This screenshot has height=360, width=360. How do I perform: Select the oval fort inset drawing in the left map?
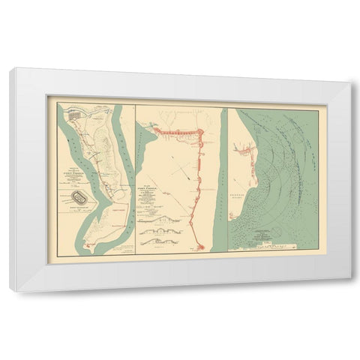coord(77,198)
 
